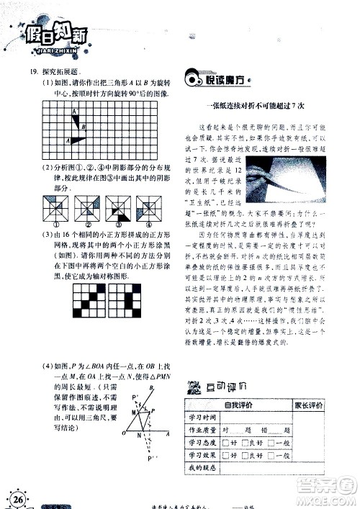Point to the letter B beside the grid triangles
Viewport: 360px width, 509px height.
[84, 127]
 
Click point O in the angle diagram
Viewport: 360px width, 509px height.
[125, 435]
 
